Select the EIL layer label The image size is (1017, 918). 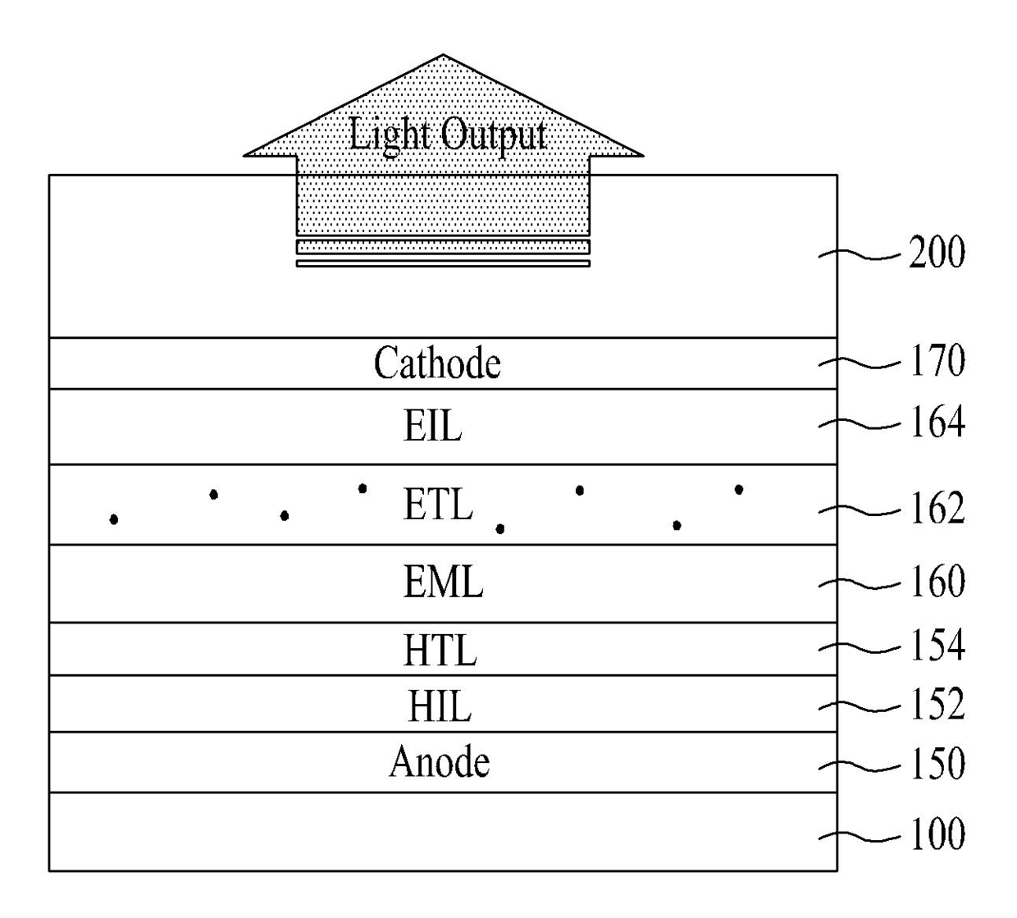[432, 425]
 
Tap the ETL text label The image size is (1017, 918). [438, 504]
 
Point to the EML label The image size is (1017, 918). [443, 582]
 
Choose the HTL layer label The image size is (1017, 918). [440, 650]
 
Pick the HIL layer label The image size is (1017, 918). [440, 706]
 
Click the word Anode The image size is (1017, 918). [440, 762]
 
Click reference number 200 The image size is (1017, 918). [937, 252]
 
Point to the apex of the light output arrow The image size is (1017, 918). [443, 54]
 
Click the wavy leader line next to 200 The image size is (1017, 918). [860, 254]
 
